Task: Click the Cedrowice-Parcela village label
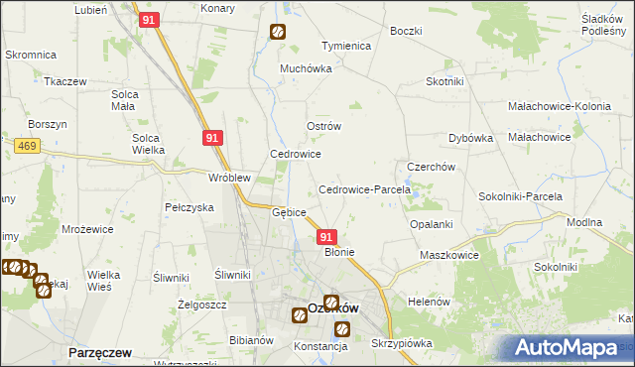click(357, 189)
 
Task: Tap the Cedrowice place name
click(296, 155)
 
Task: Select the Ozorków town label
click(332, 308)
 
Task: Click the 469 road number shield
click(27, 146)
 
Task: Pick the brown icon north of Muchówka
click(277, 32)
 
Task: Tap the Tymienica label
click(345, 47)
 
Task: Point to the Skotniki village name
click(446, 81)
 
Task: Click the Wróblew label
click(228, 178)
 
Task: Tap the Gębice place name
click(289, 212)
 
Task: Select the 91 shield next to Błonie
click(326, 237)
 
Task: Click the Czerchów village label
click(431, 168)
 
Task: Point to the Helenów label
click(430, 301)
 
